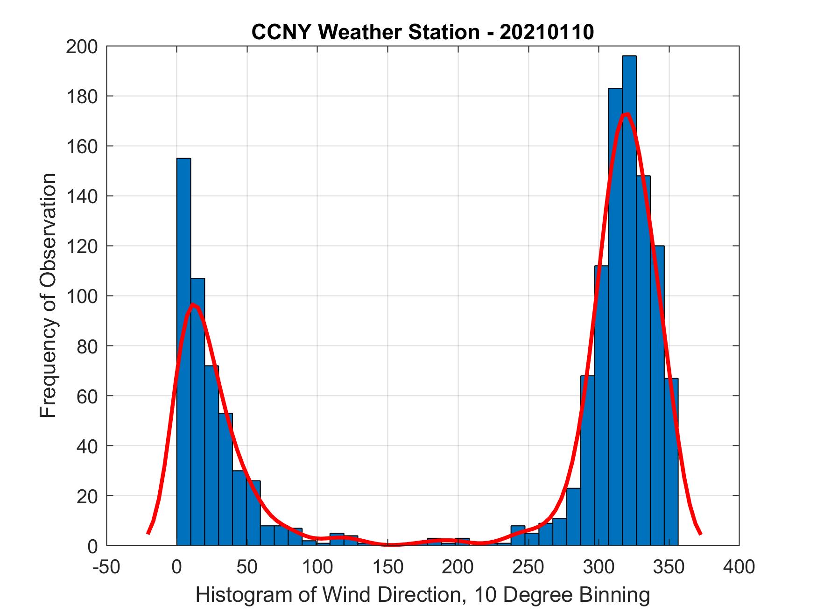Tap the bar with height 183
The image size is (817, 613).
point(615,317)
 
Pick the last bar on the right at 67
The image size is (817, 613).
point(671,462)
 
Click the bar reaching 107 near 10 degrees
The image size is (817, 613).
point(197,411)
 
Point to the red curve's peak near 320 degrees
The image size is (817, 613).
point(626,114)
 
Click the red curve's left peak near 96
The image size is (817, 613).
point(193,305)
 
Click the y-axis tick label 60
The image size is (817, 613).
point(87,396)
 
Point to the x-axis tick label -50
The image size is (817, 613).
point(106,567)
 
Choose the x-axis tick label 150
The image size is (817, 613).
point(387,567)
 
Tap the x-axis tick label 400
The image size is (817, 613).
point(739,567)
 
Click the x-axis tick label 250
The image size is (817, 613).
point(528,567)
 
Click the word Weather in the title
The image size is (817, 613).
point(370,32)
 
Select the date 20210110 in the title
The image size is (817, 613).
point(547,32)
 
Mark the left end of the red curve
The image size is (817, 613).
point(148,533)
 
